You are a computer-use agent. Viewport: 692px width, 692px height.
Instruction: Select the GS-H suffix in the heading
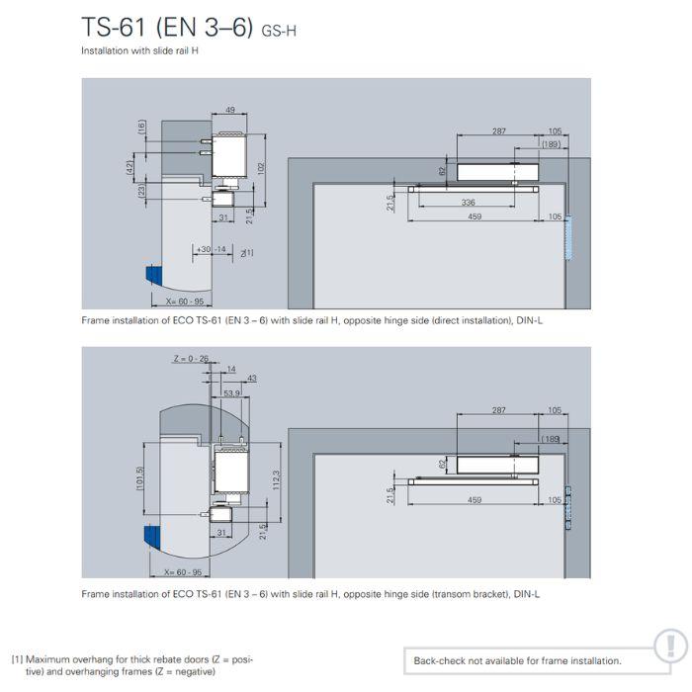279,31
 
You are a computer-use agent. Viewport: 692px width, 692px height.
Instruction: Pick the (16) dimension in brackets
142,127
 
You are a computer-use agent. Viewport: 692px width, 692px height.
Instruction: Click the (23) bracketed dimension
142,192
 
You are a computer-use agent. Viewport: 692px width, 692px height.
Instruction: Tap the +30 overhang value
203,249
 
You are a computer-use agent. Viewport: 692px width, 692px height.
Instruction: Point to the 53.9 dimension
230,392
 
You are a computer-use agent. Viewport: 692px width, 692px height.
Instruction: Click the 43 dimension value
251,379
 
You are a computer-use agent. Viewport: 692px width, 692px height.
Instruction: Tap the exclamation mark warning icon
669,646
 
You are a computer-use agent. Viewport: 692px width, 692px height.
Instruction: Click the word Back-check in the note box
439,660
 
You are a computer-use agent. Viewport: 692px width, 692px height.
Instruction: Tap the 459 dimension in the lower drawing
474,500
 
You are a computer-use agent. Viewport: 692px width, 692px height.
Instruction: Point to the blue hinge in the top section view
153,276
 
